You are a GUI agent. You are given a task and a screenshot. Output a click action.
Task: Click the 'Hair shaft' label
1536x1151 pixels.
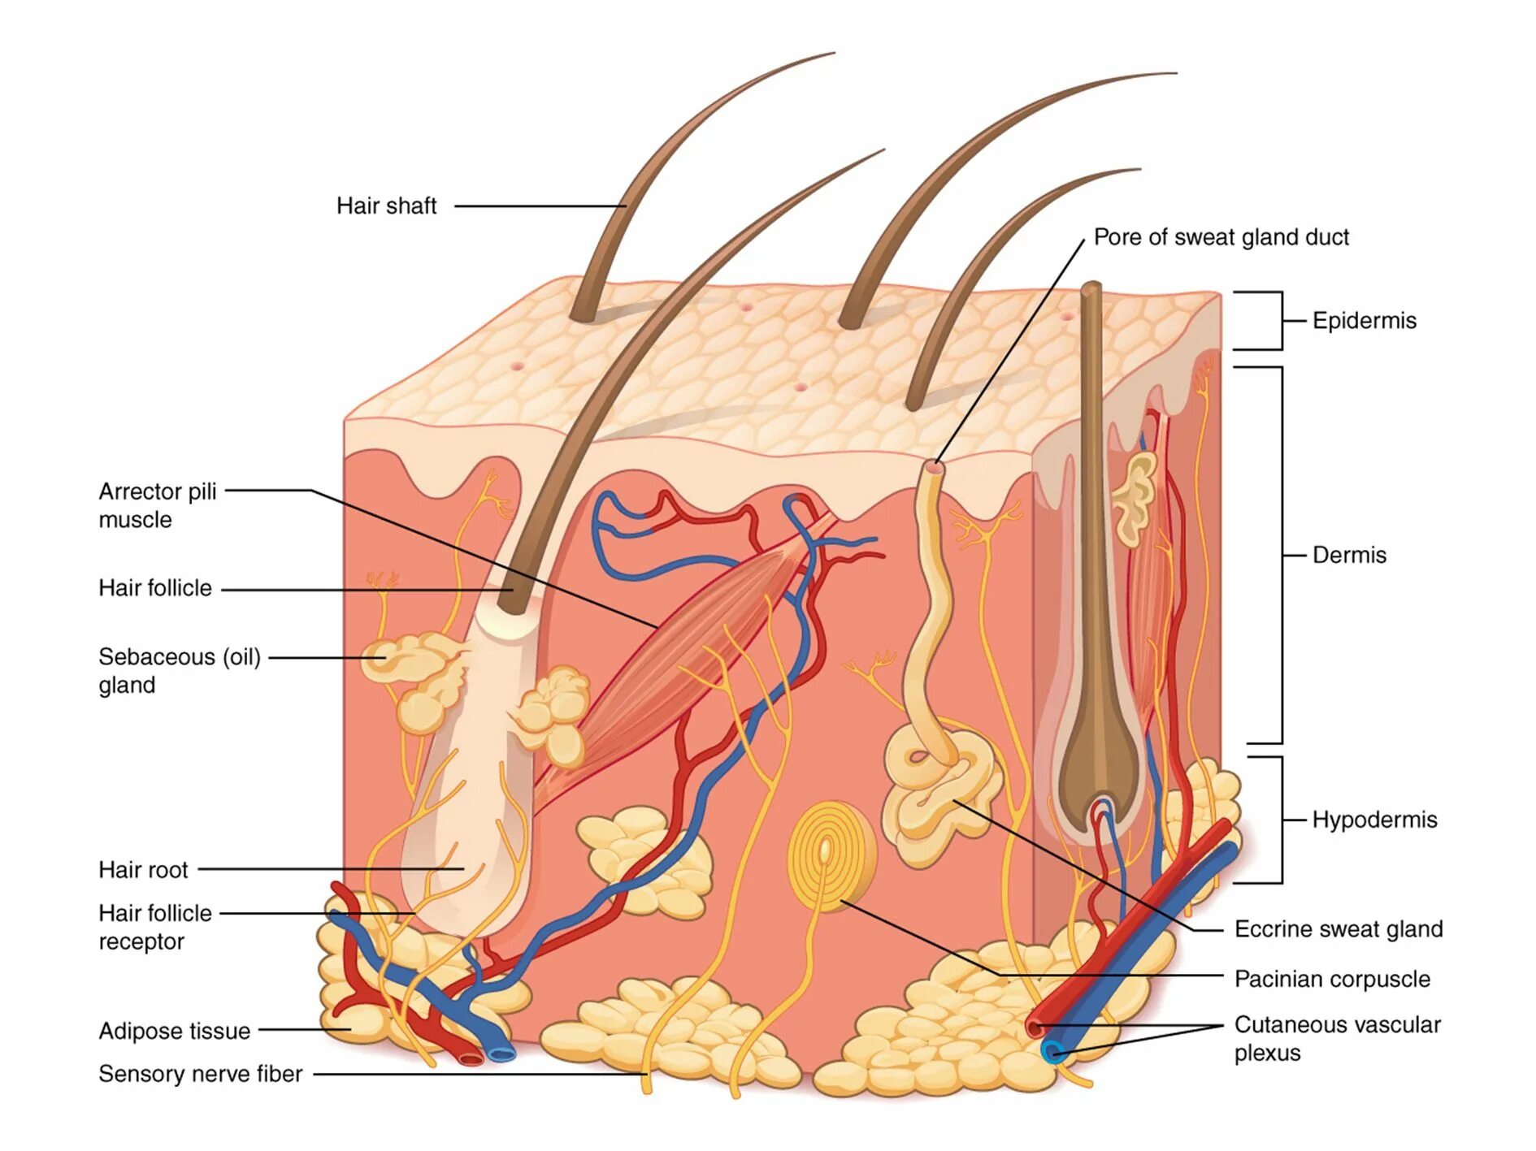pyautogui.click(x=386, y=206)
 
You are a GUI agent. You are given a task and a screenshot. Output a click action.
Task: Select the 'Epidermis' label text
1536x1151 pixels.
pyautogui.click(x=1364, y=321)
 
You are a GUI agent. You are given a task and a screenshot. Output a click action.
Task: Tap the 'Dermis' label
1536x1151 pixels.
pyautogui.click(x=1349, y=556)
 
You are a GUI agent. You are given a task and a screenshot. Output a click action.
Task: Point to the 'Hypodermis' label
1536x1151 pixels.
pyautogui.click(x=1374, y=820)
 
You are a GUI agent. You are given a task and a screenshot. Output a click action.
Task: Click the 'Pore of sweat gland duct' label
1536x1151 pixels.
pyautogui.click(x=1221, y=237)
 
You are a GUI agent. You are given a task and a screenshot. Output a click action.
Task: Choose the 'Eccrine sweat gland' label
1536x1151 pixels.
pyautogui.click(x=1338, y=929)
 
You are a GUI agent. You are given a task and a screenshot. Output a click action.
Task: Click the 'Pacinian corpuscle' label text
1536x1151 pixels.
pyautogui.click(x=1332, y=980)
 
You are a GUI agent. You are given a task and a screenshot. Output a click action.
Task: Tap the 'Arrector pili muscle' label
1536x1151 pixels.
pyautogui.click(x=158, y=505)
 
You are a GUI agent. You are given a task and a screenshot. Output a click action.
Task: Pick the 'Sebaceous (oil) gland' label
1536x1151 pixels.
pyautogui.click(x=179, y=671)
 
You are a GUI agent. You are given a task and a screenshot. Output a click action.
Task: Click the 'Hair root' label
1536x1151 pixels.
pyautogui.click(x=143, y=870)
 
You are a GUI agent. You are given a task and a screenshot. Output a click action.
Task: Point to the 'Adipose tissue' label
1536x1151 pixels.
pyautogui.click(x=174, y=1031)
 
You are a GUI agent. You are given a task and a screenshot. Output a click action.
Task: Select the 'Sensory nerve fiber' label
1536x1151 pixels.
pyautogui.click(x=200, y=1074)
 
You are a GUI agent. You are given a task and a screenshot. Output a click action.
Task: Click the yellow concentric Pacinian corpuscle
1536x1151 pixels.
pyautogui.click(x=829, y=855)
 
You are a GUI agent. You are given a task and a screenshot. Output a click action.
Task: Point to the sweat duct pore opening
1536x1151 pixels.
pyautogui.click(x=935, y=467)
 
